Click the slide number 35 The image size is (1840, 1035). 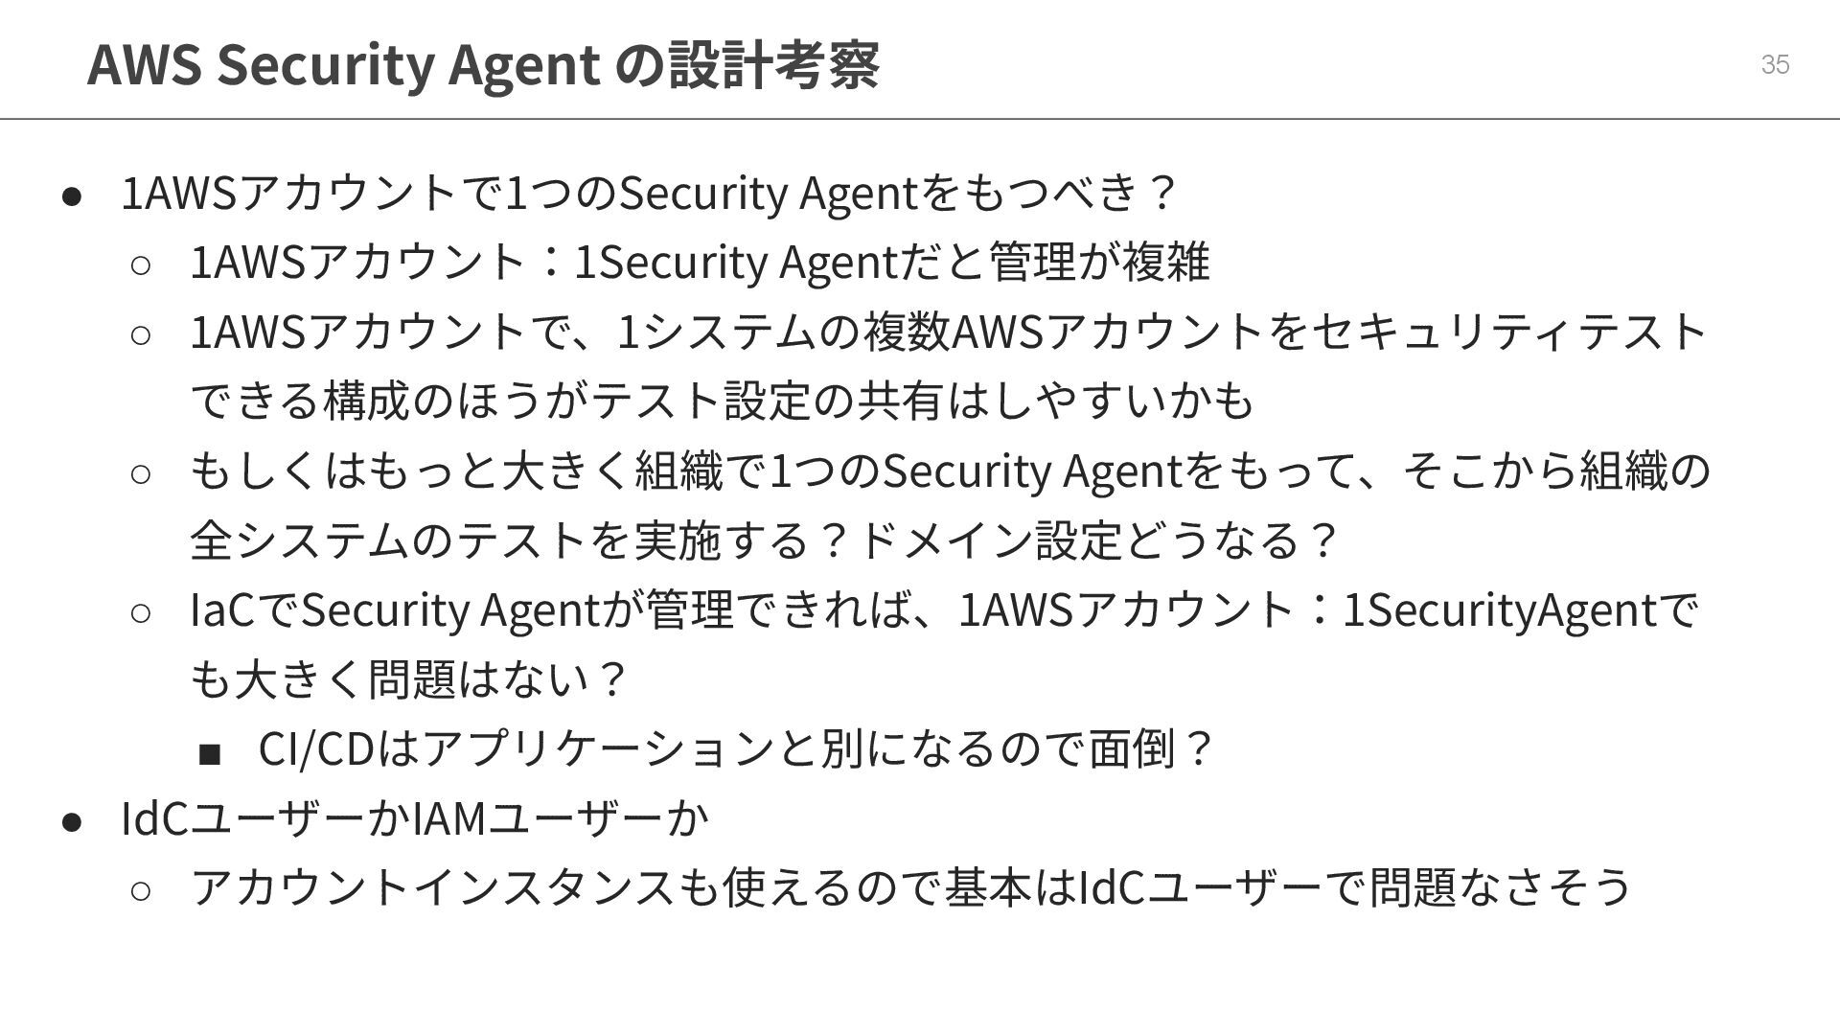tap(1775, 64)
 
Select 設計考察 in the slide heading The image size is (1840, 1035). tap(773, 64)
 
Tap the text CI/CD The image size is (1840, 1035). tap(315, 749)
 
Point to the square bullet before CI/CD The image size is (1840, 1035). tap(210, 754)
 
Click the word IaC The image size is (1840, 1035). tap(222, 610)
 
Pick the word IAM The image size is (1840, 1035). tap(449, 817)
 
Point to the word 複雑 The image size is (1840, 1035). tap(1166, 262)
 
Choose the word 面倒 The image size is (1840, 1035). tap(1133, 749)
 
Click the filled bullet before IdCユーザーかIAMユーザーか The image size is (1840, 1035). tap(73, 821)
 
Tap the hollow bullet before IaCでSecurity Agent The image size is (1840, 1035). tap(140, 613)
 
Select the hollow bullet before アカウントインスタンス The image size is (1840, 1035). tap(140, 890)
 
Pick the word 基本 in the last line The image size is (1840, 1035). tap(988, 886)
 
